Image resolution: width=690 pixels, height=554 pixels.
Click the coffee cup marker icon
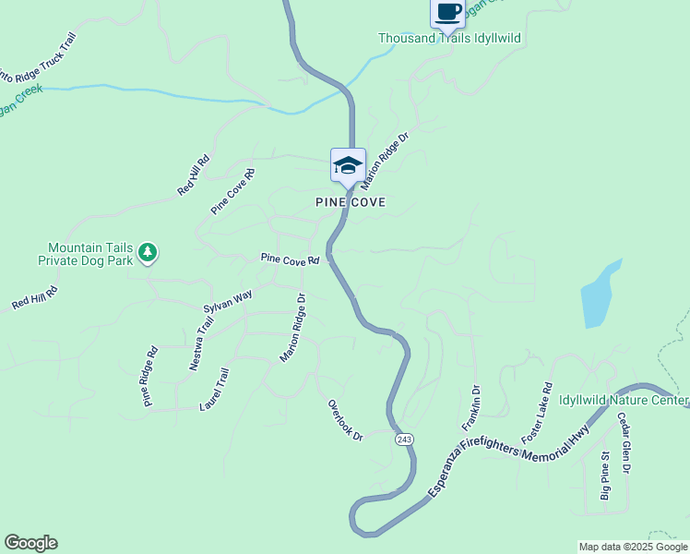[448, 12]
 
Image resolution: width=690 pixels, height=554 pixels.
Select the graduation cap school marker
[348, 166]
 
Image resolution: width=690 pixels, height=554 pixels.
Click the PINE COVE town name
[350, 202]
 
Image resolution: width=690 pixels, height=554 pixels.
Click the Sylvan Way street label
[228, 302]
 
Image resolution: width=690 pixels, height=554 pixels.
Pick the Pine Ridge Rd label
[149, 377]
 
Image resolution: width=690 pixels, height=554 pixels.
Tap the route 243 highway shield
[404, 440]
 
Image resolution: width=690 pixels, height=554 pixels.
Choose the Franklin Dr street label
[471, 408]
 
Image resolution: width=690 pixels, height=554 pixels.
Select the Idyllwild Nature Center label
[624, 401]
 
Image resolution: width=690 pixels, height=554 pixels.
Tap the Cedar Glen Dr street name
[624, 443]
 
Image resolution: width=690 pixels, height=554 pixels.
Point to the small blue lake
[599, 295]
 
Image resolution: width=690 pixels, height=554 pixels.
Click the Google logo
[30, 543]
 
